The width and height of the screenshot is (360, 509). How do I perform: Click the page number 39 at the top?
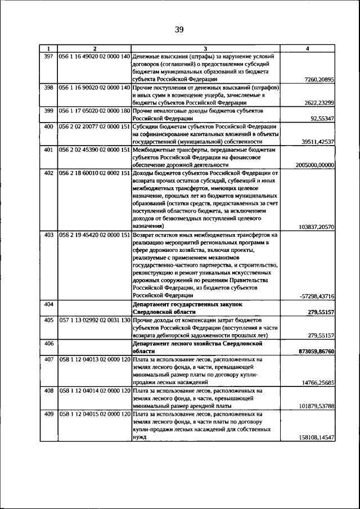click(179, 30)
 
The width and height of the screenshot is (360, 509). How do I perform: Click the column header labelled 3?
click(205, 49)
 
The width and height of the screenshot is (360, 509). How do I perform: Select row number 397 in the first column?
click(48, 56)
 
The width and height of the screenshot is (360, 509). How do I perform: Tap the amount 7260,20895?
click(318, 80)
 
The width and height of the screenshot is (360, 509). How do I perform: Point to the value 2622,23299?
click(318, 103)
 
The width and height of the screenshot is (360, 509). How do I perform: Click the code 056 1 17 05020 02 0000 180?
click(94, 111)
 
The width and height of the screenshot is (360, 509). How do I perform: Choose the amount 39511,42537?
click(318, 142)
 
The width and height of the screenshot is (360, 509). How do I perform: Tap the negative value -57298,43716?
click(317, 296)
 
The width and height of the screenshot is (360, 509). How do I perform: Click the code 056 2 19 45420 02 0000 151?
click(94, 234)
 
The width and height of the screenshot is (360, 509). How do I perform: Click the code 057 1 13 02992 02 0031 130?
click(94, 319)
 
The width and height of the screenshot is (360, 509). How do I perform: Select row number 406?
click(48, 343)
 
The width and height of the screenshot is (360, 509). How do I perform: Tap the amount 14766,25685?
click(317, 382)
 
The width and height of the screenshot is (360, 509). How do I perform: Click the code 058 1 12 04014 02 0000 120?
click(94, 390)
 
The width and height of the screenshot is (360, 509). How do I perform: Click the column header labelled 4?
click(307, 49)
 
